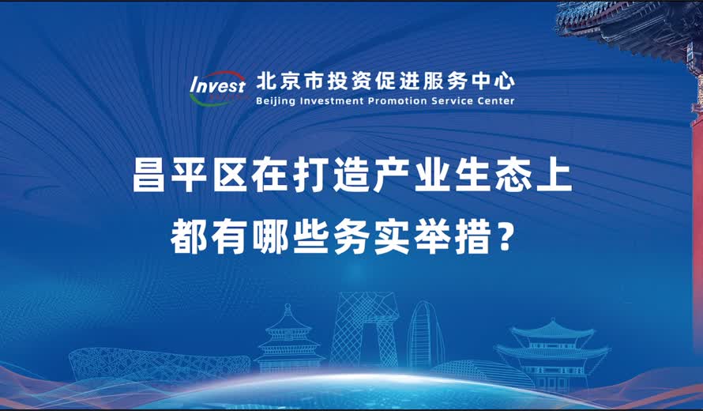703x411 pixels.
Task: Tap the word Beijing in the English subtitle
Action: (276, 101)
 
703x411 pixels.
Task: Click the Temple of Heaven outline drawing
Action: (288, 339)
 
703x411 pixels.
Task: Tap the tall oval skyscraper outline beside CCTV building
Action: (424, 335)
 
